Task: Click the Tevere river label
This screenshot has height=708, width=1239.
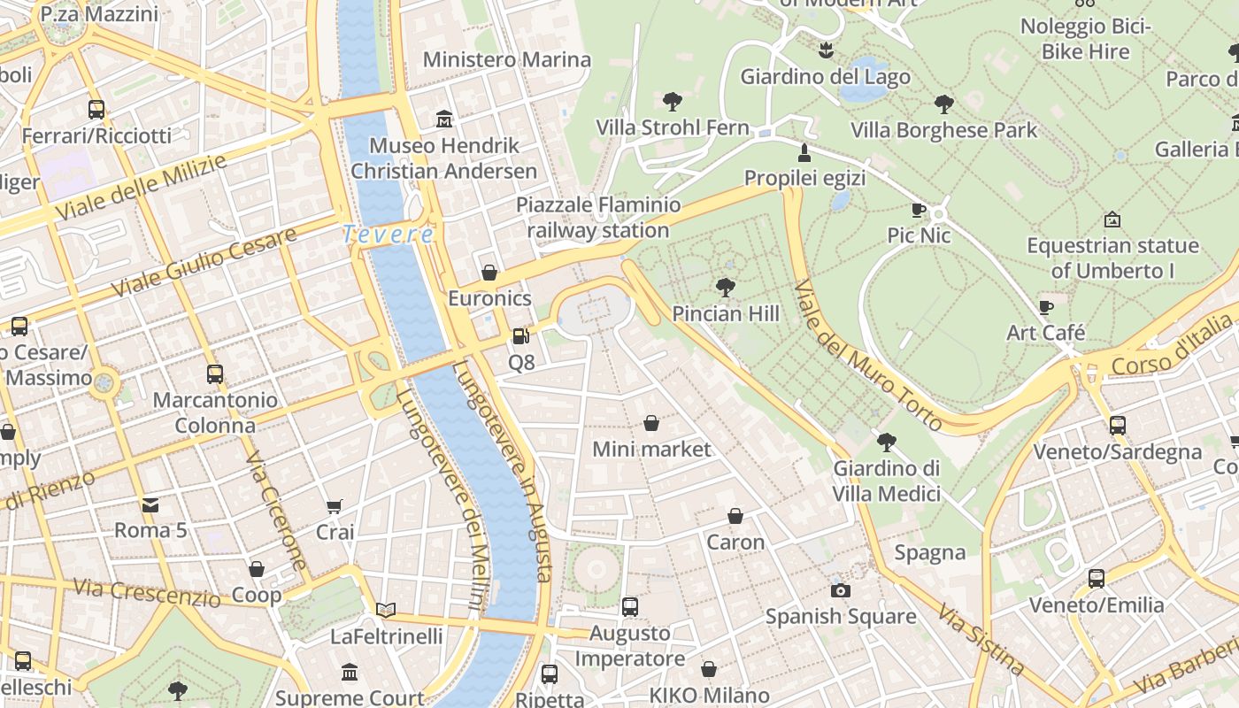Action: click(x=388, y=235)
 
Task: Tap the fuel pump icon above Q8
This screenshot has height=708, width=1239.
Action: click(x=521, y=336)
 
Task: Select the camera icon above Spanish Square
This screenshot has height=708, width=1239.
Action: click(x=840, y=589)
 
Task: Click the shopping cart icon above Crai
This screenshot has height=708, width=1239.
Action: click(x=334, y=507)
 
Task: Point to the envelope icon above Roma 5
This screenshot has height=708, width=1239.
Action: click(x=150, y=505)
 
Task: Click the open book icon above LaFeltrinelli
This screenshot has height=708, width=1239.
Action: click(x=385, y=610)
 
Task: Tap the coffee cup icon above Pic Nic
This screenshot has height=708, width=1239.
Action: click(x=919, y=210)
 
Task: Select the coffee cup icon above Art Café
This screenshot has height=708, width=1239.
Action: click(x=1046, y=307)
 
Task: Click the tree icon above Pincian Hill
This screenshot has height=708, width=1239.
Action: click(x=726, y=287)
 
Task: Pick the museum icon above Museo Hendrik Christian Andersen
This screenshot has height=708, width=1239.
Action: click(x=443, y=119)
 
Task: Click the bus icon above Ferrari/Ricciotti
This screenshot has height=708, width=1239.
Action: click(x=96, y=110)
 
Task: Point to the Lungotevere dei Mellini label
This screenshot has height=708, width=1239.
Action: click(x=441, y=500)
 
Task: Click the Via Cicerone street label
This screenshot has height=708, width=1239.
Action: click(x=276, y=512)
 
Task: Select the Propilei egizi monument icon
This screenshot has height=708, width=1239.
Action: click(x=804, y=152)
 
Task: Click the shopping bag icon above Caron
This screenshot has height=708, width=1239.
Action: click(x=735, y=516)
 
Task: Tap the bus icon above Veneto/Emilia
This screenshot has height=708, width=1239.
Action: click(x=1096, y=579)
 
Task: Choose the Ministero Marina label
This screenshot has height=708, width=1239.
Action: click(x=506, y=59)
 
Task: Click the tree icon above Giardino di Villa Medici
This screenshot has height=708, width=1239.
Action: click(x=886, y=442)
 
